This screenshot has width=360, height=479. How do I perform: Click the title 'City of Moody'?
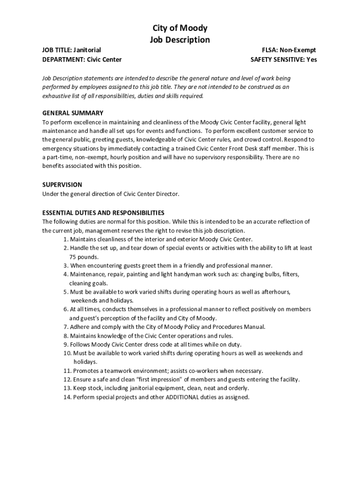coord(180,28)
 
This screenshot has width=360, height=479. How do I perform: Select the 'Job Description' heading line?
coord(180,40)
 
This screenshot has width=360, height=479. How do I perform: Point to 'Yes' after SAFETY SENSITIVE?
coord(311,59)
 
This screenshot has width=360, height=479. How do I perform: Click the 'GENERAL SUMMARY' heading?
coord(73,113)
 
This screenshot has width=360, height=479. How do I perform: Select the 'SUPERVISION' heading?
coord(62,185)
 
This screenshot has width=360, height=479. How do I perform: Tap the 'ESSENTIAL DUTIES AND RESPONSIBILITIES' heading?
coord(103,212)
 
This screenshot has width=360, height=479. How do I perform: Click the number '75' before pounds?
coord(73,257)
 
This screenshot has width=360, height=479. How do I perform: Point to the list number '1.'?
coord(66,239)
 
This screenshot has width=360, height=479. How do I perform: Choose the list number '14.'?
coord(68,397)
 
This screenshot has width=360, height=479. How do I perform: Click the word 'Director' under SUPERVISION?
coord(166,194)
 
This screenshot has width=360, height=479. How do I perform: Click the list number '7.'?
coord(66,327)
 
